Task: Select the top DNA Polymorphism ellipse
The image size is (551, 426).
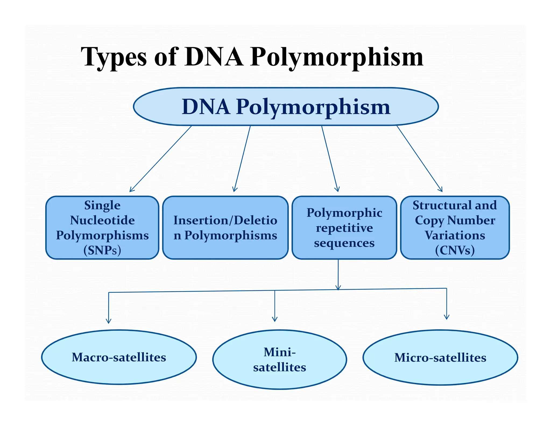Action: [x=286, y=107]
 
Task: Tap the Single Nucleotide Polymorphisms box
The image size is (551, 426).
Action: [x=102, y=228]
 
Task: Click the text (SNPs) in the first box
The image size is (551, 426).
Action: [x=102, y=250]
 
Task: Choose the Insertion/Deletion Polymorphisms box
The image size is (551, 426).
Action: [x=225, y=228]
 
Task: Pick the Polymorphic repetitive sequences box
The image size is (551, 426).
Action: [x=344, y=228]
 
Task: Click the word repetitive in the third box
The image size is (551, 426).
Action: [x=344, y=228]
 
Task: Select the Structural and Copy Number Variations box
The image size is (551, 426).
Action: [x=455, y=228]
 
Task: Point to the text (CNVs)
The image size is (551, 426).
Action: [x=455, y=250]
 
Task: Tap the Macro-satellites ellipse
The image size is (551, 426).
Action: [x=119, y=357]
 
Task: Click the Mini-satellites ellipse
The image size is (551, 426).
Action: [x=280, y=359]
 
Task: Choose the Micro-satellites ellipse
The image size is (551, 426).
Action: [x=440, y=357]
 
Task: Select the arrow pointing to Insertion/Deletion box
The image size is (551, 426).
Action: [x=242, y=159]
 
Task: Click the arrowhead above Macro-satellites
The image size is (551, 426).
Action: [x=108, y=321]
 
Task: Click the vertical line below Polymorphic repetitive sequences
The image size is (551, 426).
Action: [x=338, y=273]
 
